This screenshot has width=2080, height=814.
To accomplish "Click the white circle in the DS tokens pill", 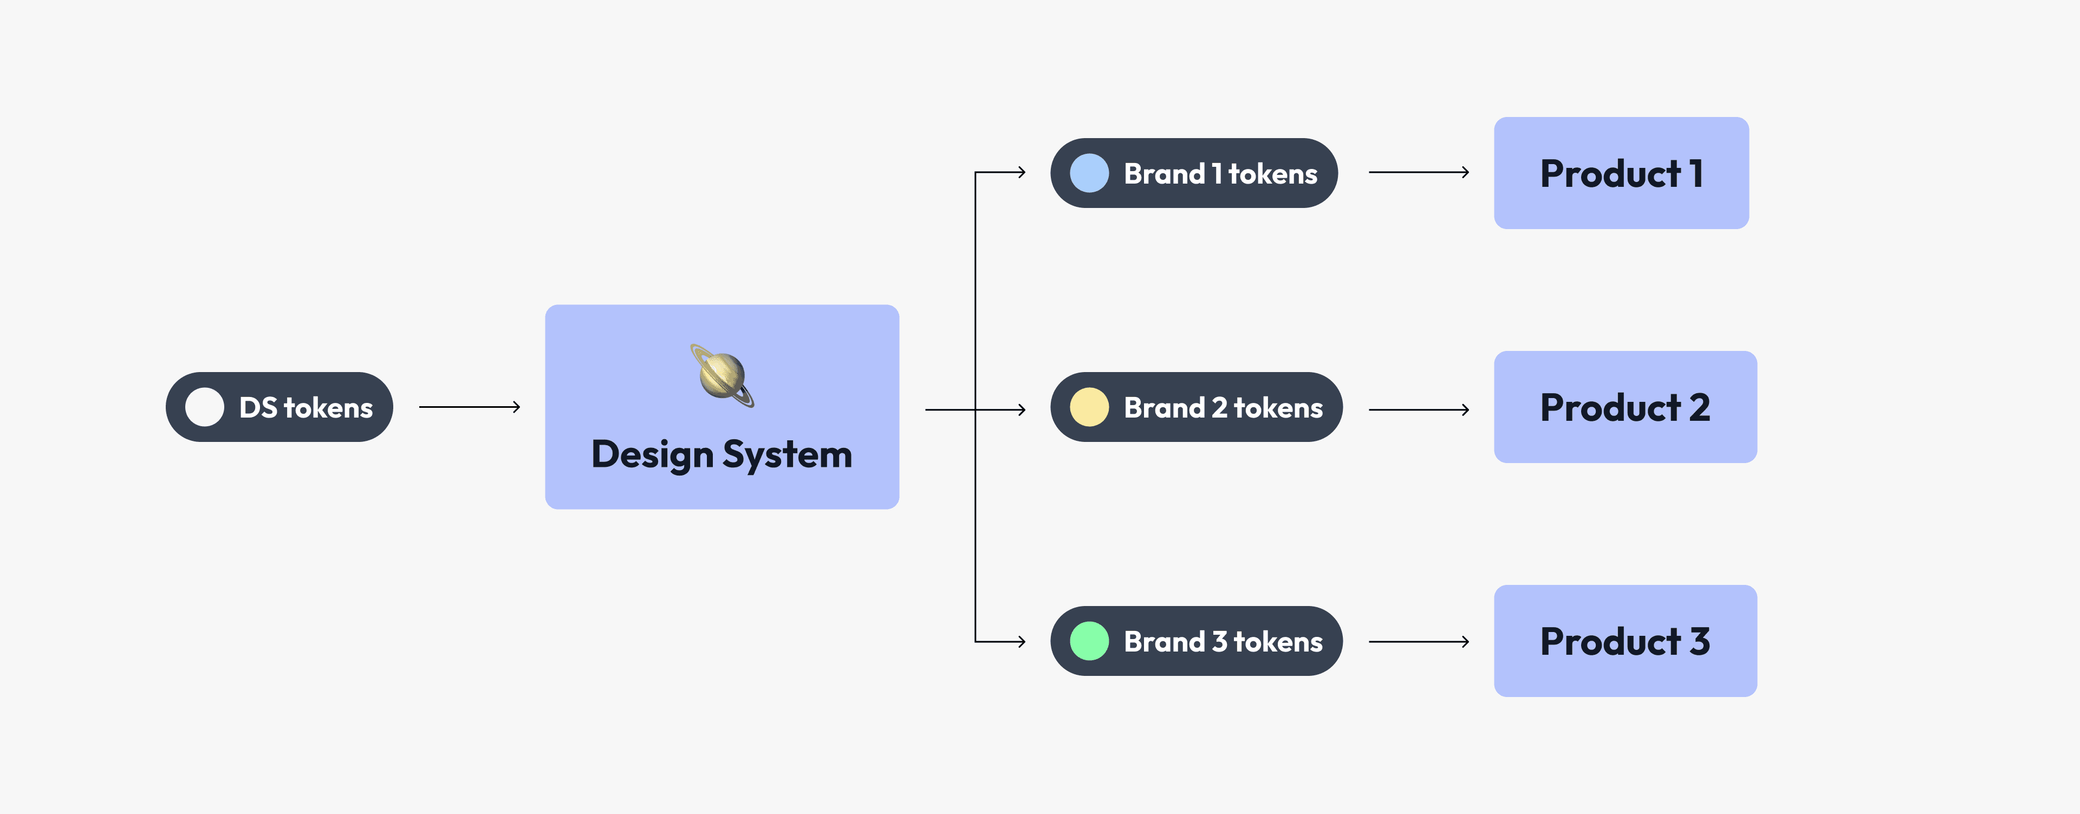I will [x=204, y=407].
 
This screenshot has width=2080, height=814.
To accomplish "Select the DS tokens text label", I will [x=306, y=408].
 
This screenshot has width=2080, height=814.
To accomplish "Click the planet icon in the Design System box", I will [x=722, y=376].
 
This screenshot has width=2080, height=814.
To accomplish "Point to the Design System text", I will [x=722, y=454].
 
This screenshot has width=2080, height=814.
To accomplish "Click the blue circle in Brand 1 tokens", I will [x=1089, y=173].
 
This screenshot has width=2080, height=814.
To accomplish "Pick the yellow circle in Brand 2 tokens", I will [x=1089, y=407].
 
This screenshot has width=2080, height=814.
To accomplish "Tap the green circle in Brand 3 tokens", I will [x=1089, y=641].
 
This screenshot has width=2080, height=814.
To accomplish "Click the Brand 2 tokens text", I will [x=1223, y=408].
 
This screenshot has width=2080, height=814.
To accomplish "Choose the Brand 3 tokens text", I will [x=1223, y=642].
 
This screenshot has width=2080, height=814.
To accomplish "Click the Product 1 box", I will [x=1621, y=173].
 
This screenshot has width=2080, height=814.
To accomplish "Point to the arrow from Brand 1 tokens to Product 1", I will [x=1419, y=172].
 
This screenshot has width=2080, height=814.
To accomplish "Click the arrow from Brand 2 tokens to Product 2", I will [x=1419, y=410].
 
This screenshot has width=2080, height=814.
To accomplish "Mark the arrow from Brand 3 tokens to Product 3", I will [x=1419, y=642].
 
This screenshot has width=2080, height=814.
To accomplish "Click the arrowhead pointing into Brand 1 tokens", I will [x=1022, y=172].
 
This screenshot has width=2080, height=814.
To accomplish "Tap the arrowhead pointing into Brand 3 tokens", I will [x=1022, y=642].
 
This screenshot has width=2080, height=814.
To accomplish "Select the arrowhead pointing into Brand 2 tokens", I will [x=1022, y=410].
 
